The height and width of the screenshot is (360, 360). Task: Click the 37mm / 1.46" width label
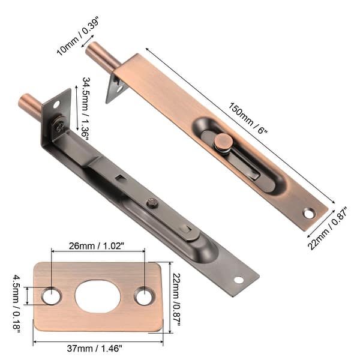(x=98, y=348)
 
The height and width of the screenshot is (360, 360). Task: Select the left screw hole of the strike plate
(x=51, y=296)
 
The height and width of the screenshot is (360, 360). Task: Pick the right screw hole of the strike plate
(x=144, y=296)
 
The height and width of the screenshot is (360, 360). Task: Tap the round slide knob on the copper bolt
(x=223, y=142)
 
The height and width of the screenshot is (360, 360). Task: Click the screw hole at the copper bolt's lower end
(x=308, y=212)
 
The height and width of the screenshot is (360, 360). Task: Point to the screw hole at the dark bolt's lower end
(x=238, y=280)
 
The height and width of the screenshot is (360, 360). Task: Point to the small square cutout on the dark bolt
(x=121, y=178)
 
